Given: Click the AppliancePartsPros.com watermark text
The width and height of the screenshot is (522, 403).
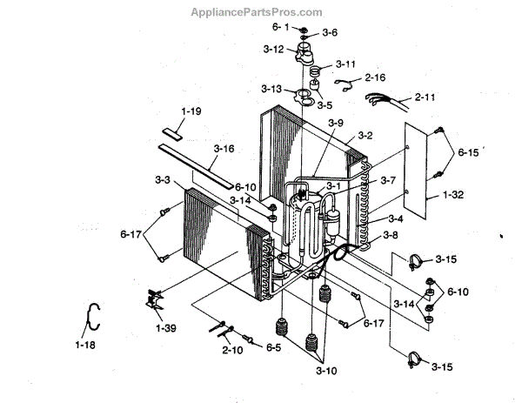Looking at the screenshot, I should tap(260, 12).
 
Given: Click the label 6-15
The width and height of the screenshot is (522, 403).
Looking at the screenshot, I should tap(469, 153).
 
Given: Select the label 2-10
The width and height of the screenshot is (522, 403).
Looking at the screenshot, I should tap(231, 349).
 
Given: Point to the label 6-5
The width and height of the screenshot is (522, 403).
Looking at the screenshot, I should tap(273, 347).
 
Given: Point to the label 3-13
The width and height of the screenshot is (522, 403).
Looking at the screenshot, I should tap(271, 90).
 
